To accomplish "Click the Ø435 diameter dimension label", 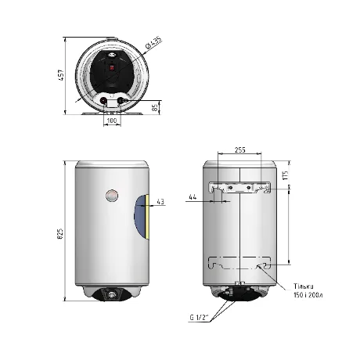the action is click(154, 43).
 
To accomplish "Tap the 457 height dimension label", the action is click(61, 75).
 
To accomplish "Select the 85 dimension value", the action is click(156, 107).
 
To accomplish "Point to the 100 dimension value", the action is click(112, 121).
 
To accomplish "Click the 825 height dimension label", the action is click(60, 234).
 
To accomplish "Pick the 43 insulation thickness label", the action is click(160, 201).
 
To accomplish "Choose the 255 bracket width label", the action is click(239, 150).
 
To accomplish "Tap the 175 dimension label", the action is click(286, 175).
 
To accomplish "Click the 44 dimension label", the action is click(193, 197).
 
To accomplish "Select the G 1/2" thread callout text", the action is click(200, 318).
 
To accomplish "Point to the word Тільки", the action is click(304, 286).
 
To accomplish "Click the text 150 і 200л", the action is click(308, 295).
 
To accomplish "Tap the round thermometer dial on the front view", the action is click(112, 196).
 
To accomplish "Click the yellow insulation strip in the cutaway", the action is click(148, 217).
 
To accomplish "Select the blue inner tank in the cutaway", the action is click(140, 217).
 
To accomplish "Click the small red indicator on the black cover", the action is click(112, 69).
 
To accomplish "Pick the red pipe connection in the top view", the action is click(104, 100).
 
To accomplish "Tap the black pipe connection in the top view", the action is click(121, 100).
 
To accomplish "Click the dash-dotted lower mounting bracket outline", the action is click(239, 263).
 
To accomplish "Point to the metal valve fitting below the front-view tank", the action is click(112, 295).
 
